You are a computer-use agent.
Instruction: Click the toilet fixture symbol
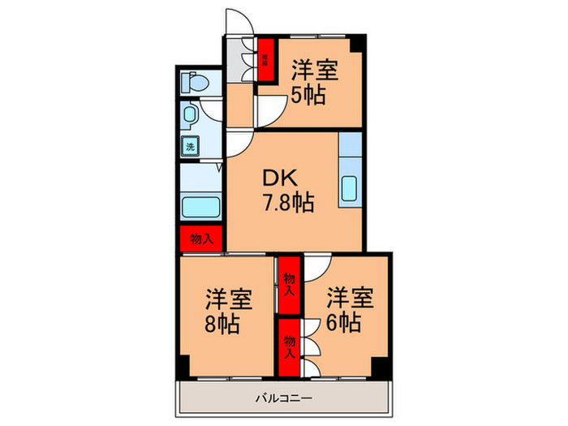[x=194, y=83]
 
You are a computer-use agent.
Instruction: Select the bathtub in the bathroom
[x=199, y=206]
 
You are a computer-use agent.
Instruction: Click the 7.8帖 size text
[x=287, y=203]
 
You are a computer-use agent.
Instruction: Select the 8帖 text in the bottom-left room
[x=221, y=324]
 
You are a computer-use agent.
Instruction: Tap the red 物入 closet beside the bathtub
[x=201, y=239]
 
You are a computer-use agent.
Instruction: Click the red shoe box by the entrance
[x=265, y=59]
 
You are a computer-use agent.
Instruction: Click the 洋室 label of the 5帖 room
[x=315, y=70]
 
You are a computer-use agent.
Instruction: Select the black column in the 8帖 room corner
[x=184, y=368]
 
